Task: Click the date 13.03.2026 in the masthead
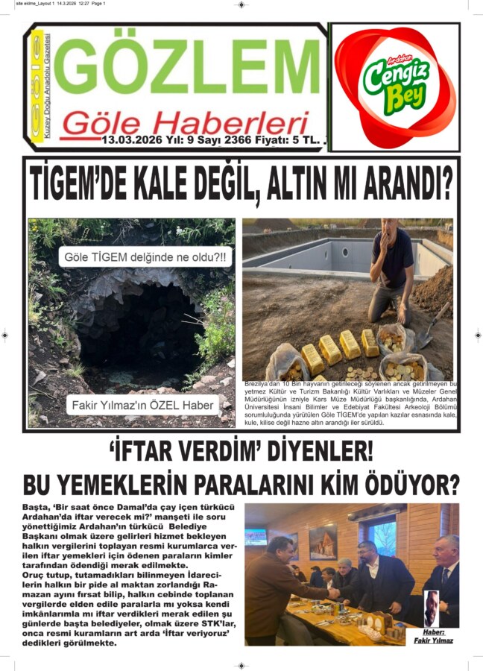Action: (x=130, y=140)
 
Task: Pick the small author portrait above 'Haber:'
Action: (x=432, y=608)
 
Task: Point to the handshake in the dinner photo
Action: (x=334, y=592)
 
